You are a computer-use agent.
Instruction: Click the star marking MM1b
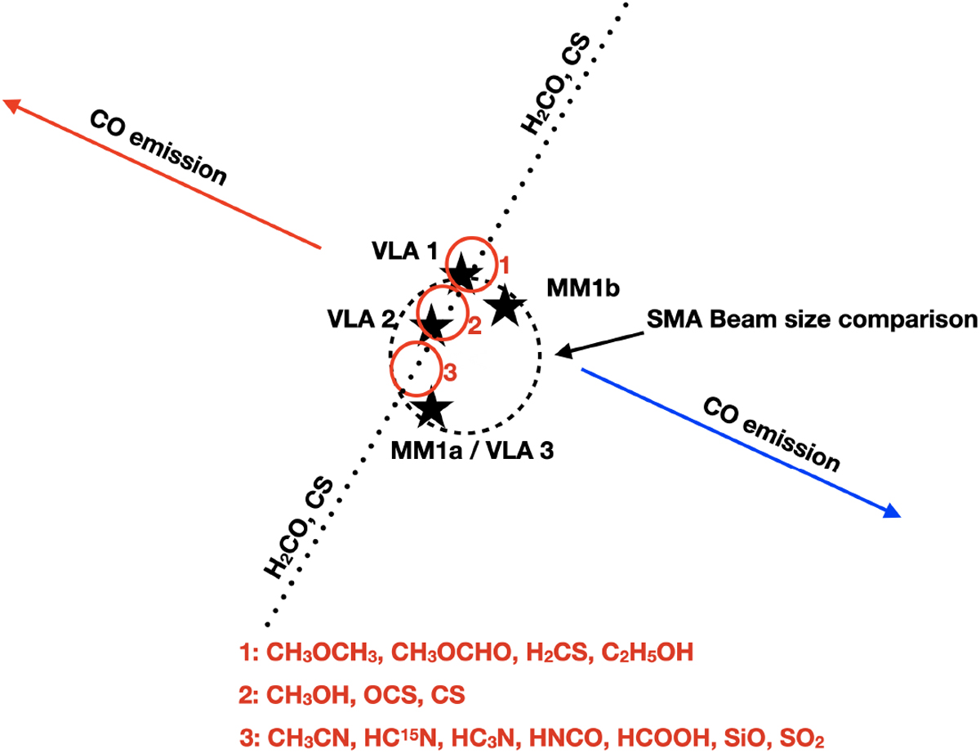tap(505, 305)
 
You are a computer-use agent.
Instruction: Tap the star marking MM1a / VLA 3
tap(432, 408)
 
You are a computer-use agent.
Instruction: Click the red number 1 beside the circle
tap(504, 265)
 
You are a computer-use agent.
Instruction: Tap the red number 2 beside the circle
tap(474, 327)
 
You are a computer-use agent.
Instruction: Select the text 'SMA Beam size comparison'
tap(812, 319)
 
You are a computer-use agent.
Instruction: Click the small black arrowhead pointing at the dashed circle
tap(559, 352)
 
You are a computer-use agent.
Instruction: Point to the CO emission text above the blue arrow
tap(772, 435)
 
